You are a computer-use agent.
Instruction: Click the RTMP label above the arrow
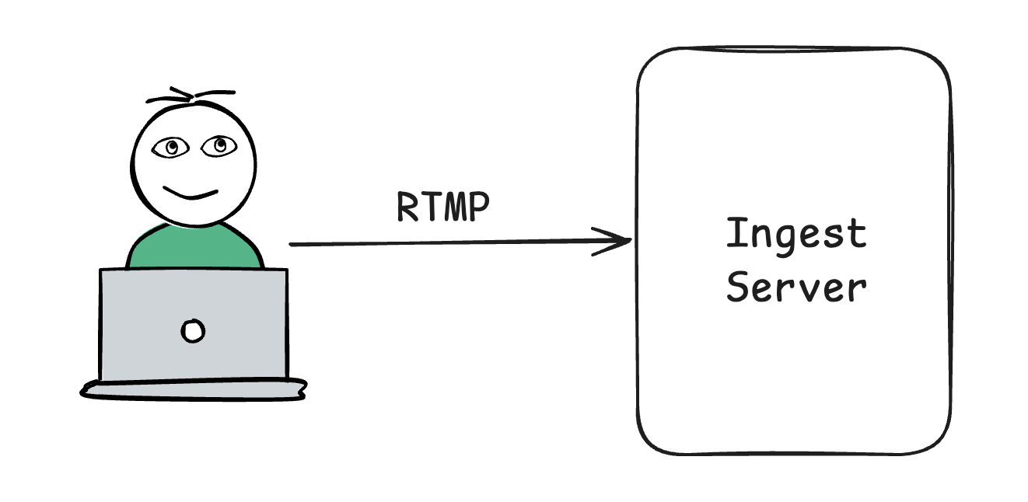click(x=443, y=206)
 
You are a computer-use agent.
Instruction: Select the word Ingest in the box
click(x=795, y=235)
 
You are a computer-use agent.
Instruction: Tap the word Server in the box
click(x=796, y=287)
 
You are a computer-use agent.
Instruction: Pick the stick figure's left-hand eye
click(x=170, y=145)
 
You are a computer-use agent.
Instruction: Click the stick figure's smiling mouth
click(x=191, y=193)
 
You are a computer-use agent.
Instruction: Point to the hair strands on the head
click(x=191, y=96)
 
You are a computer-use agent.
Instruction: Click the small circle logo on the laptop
click(x=192, y=331)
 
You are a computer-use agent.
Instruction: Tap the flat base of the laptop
click(x=194, y=389)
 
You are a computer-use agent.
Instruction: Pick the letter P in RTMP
click(x=479, y=206)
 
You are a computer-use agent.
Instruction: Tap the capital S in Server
click(x=736, y=287)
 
